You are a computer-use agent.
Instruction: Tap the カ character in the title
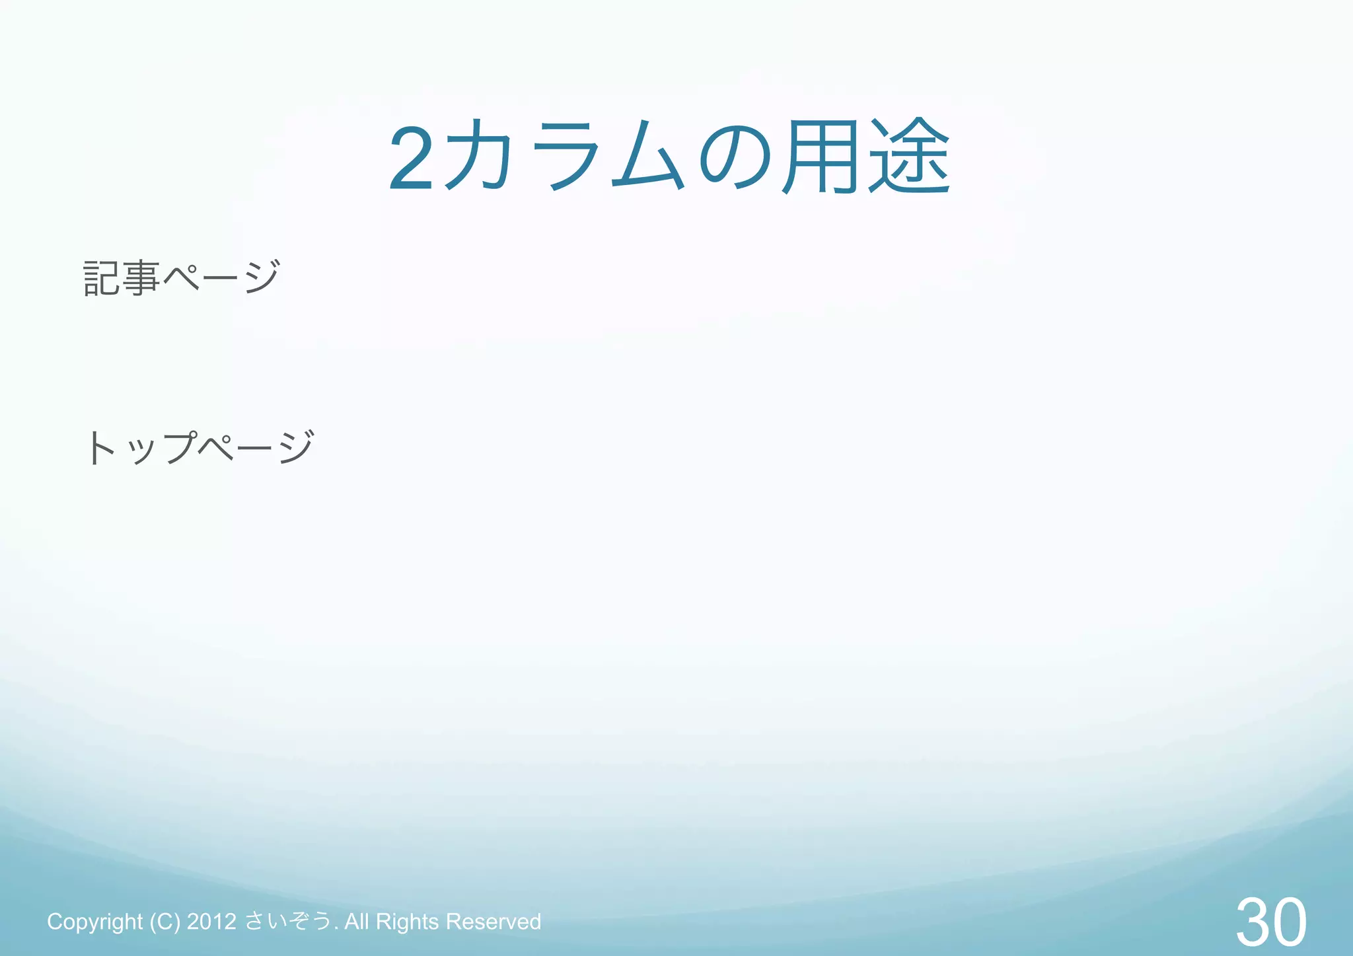477,156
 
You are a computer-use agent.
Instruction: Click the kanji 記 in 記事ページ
102,277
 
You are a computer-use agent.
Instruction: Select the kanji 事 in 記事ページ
141,277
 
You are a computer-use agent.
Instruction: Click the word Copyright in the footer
94,922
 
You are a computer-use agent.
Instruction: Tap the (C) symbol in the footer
165,922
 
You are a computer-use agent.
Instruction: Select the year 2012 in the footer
211,922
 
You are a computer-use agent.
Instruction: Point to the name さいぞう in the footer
288,921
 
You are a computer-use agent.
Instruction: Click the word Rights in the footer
407,922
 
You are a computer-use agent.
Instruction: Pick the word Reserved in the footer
494,922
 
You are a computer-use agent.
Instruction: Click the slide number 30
1270,922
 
